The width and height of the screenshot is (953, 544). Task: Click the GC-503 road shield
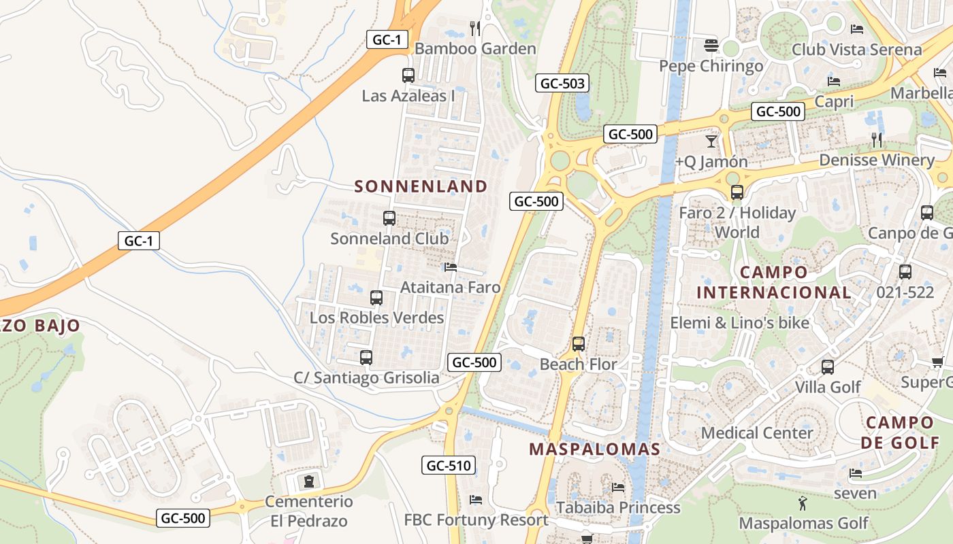(562, 84)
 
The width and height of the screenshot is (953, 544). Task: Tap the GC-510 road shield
(449, 466)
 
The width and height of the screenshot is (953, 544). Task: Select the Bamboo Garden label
(475, 49)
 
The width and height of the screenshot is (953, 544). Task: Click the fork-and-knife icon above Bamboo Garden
(475, 28)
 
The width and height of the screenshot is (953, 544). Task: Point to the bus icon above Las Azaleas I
(408, 75)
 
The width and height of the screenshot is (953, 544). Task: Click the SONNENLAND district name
(421, 186)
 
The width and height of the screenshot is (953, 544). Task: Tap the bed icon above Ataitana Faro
(450, 267)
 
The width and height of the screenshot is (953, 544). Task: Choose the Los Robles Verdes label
(376, 318)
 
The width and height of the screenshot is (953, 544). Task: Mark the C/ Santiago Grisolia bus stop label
(366, 377)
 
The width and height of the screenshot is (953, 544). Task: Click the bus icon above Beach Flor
(579, 344)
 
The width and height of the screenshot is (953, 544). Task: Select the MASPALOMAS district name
(594, 449)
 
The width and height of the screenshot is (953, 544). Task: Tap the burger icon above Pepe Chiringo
(711, 46)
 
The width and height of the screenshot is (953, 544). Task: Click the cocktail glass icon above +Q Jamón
(711, 141)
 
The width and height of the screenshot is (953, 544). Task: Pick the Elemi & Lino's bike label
(739, 322)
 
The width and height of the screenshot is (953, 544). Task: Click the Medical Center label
(757, 433)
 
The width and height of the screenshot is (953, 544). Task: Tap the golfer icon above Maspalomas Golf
(803, 504)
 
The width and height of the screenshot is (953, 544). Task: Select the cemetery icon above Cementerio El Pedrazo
(310, 481)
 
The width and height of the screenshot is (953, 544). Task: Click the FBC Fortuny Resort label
(476, 520)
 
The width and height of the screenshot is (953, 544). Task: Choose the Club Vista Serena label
(856, 50)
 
